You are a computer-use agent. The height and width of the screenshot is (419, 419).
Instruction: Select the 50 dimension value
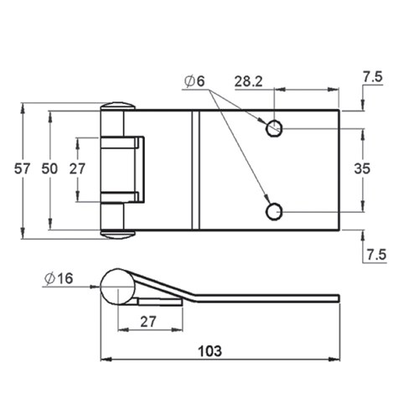click(x=49, y=168)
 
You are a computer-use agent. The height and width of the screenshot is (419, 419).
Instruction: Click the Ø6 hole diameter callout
click(x=191, y=81)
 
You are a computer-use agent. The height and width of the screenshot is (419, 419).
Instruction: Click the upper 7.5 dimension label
click(x=375, y=78)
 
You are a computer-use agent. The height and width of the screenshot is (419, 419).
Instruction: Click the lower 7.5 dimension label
click(x=375, y=255)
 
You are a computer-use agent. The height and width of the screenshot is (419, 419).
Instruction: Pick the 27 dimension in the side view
click(x=149, y=321)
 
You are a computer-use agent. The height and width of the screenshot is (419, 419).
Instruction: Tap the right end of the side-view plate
click(x=336, y=298)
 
